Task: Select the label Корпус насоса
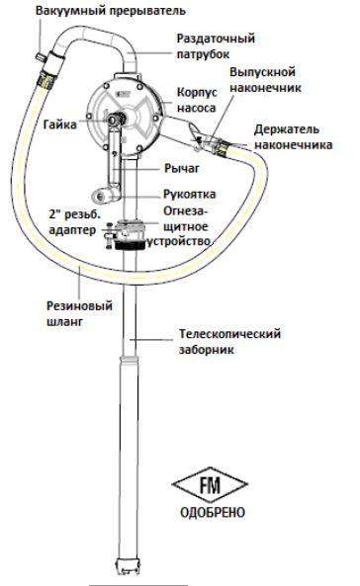coord(196,98)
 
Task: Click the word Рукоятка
coord(188,195)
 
